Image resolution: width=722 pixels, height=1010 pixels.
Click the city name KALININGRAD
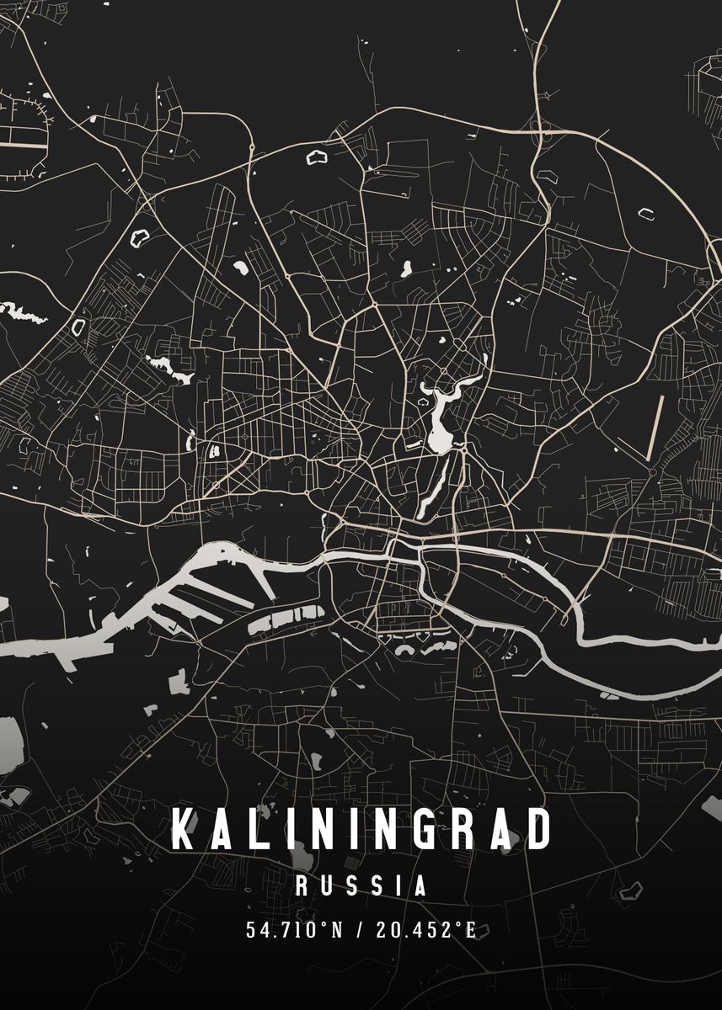point(361,829)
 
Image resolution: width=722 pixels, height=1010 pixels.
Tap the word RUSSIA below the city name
point(361,885)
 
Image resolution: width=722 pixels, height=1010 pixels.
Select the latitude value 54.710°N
point(292,931)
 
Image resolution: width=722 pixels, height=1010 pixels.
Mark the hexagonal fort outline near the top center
point(316,157)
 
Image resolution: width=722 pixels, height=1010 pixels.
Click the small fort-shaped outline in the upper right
point(646,213)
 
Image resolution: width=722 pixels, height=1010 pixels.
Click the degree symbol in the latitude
point(318,926)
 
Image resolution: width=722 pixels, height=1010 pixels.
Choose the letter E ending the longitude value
point(470,931)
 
